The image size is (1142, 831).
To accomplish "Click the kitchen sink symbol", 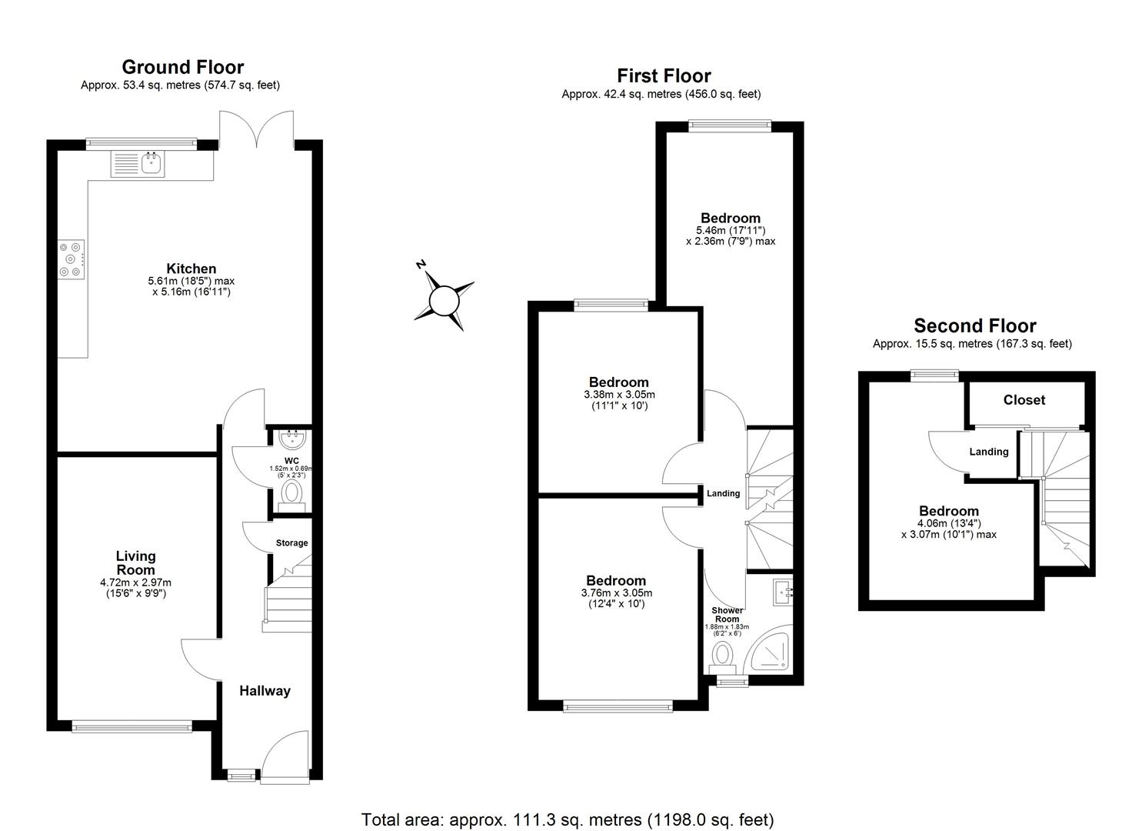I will click(x=138, y=164).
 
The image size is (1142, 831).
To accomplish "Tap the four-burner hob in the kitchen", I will click(x=71, y=259).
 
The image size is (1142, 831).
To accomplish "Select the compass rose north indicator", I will click(x=443, y=300).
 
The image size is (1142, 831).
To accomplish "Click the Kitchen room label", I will click(x=191, y=269).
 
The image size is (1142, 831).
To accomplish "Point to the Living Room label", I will click(x=135, y=562).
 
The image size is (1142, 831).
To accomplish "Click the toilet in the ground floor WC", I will click(x=292, y=493).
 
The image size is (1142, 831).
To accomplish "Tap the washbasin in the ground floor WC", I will click(x=293, y=440).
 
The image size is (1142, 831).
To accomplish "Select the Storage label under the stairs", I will click(x=291, y=542).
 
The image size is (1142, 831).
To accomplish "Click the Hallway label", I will click(x=265, y=691).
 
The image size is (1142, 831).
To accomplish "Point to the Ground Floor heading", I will click(x=182, y=67).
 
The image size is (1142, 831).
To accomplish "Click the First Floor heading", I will click(x=663, y=75).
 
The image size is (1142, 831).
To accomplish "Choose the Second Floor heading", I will click(x=974, y=325).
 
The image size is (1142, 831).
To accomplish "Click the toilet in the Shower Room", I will click(x=722, y=656).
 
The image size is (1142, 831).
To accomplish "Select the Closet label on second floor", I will click(x=1024, y=400).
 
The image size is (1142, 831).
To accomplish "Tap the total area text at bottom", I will click(x=568, y=819).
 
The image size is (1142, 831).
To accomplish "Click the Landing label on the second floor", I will click(x=988, y=452).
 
